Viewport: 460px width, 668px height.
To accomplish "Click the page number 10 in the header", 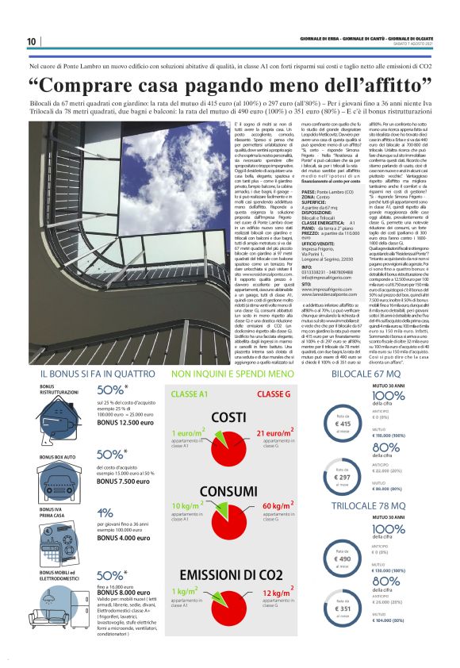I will point(31,42).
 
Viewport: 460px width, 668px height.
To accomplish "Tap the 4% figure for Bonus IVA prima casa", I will point(104,513).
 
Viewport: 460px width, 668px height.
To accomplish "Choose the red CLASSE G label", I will point(274,394).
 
